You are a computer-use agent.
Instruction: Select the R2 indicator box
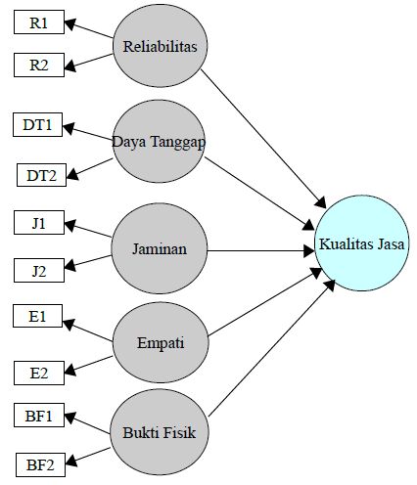39,66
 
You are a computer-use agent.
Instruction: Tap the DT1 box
40,124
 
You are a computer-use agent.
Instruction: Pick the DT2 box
43,176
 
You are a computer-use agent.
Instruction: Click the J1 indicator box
39,224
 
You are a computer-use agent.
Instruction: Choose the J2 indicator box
39,269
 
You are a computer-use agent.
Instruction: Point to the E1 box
39,316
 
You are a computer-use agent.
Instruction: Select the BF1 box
39,417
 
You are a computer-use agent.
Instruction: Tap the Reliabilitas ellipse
161,46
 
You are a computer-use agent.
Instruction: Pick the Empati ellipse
162,342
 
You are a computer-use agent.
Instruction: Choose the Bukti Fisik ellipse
160,431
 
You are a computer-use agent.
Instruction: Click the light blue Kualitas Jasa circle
362,244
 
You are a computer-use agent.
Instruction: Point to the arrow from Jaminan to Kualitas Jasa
259,250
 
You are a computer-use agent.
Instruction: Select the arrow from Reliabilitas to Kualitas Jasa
264,137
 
